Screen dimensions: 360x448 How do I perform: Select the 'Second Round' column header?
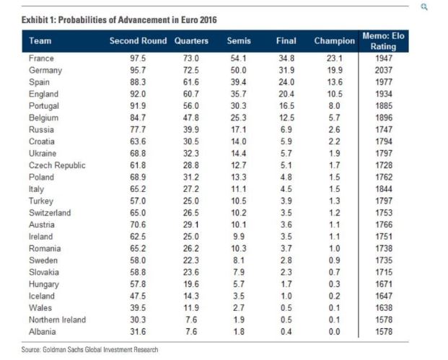(x=138, y=41)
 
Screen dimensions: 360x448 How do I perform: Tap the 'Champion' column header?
(x=334, y=41)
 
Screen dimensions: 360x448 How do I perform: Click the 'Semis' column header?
(x=239, y=41)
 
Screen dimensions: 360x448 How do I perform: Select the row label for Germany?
(x=45, y=71)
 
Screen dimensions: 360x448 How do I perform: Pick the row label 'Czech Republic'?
(x=57, y=165)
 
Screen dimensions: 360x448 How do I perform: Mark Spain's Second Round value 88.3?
(x=138, y=82)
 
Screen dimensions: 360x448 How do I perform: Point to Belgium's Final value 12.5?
(x=286, y=118)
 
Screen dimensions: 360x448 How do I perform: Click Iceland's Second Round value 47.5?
(x=138, y=296)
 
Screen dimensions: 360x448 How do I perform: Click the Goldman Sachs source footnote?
(x=89, y=349)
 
